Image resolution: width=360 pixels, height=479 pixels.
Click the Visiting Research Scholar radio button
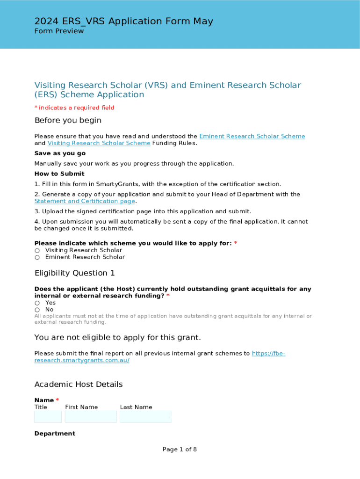pos(37,250)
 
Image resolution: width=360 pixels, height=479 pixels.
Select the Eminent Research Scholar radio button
pos(37,257)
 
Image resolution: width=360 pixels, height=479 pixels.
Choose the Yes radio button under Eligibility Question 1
pos(37,303)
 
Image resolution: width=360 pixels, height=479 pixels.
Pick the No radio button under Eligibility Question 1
pos(37,310)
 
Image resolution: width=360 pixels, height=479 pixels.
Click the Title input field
pos(48,416)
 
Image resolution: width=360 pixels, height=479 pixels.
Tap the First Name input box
pos(91,416)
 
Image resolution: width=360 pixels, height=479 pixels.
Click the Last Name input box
pos(145,416)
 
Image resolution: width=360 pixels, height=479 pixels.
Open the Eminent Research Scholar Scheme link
pos(252,136)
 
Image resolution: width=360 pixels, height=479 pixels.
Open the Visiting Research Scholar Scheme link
pos(99,143)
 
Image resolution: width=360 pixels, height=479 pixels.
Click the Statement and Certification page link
pos(85,201)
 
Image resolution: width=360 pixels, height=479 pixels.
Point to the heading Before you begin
pos(68,120)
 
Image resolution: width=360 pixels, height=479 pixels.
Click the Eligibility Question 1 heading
pos(74,273)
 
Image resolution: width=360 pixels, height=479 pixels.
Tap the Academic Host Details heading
pos(79,384)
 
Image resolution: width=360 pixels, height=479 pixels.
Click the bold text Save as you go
pos(60,153)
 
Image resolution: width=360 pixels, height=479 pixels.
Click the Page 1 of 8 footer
pos(180,449)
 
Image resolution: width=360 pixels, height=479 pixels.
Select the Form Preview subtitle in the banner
pos(59,31)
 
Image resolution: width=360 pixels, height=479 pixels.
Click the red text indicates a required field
pos(76,108)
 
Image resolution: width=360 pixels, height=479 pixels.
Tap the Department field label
pos(55,434)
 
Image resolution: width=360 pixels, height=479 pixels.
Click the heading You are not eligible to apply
pos(117,337)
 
